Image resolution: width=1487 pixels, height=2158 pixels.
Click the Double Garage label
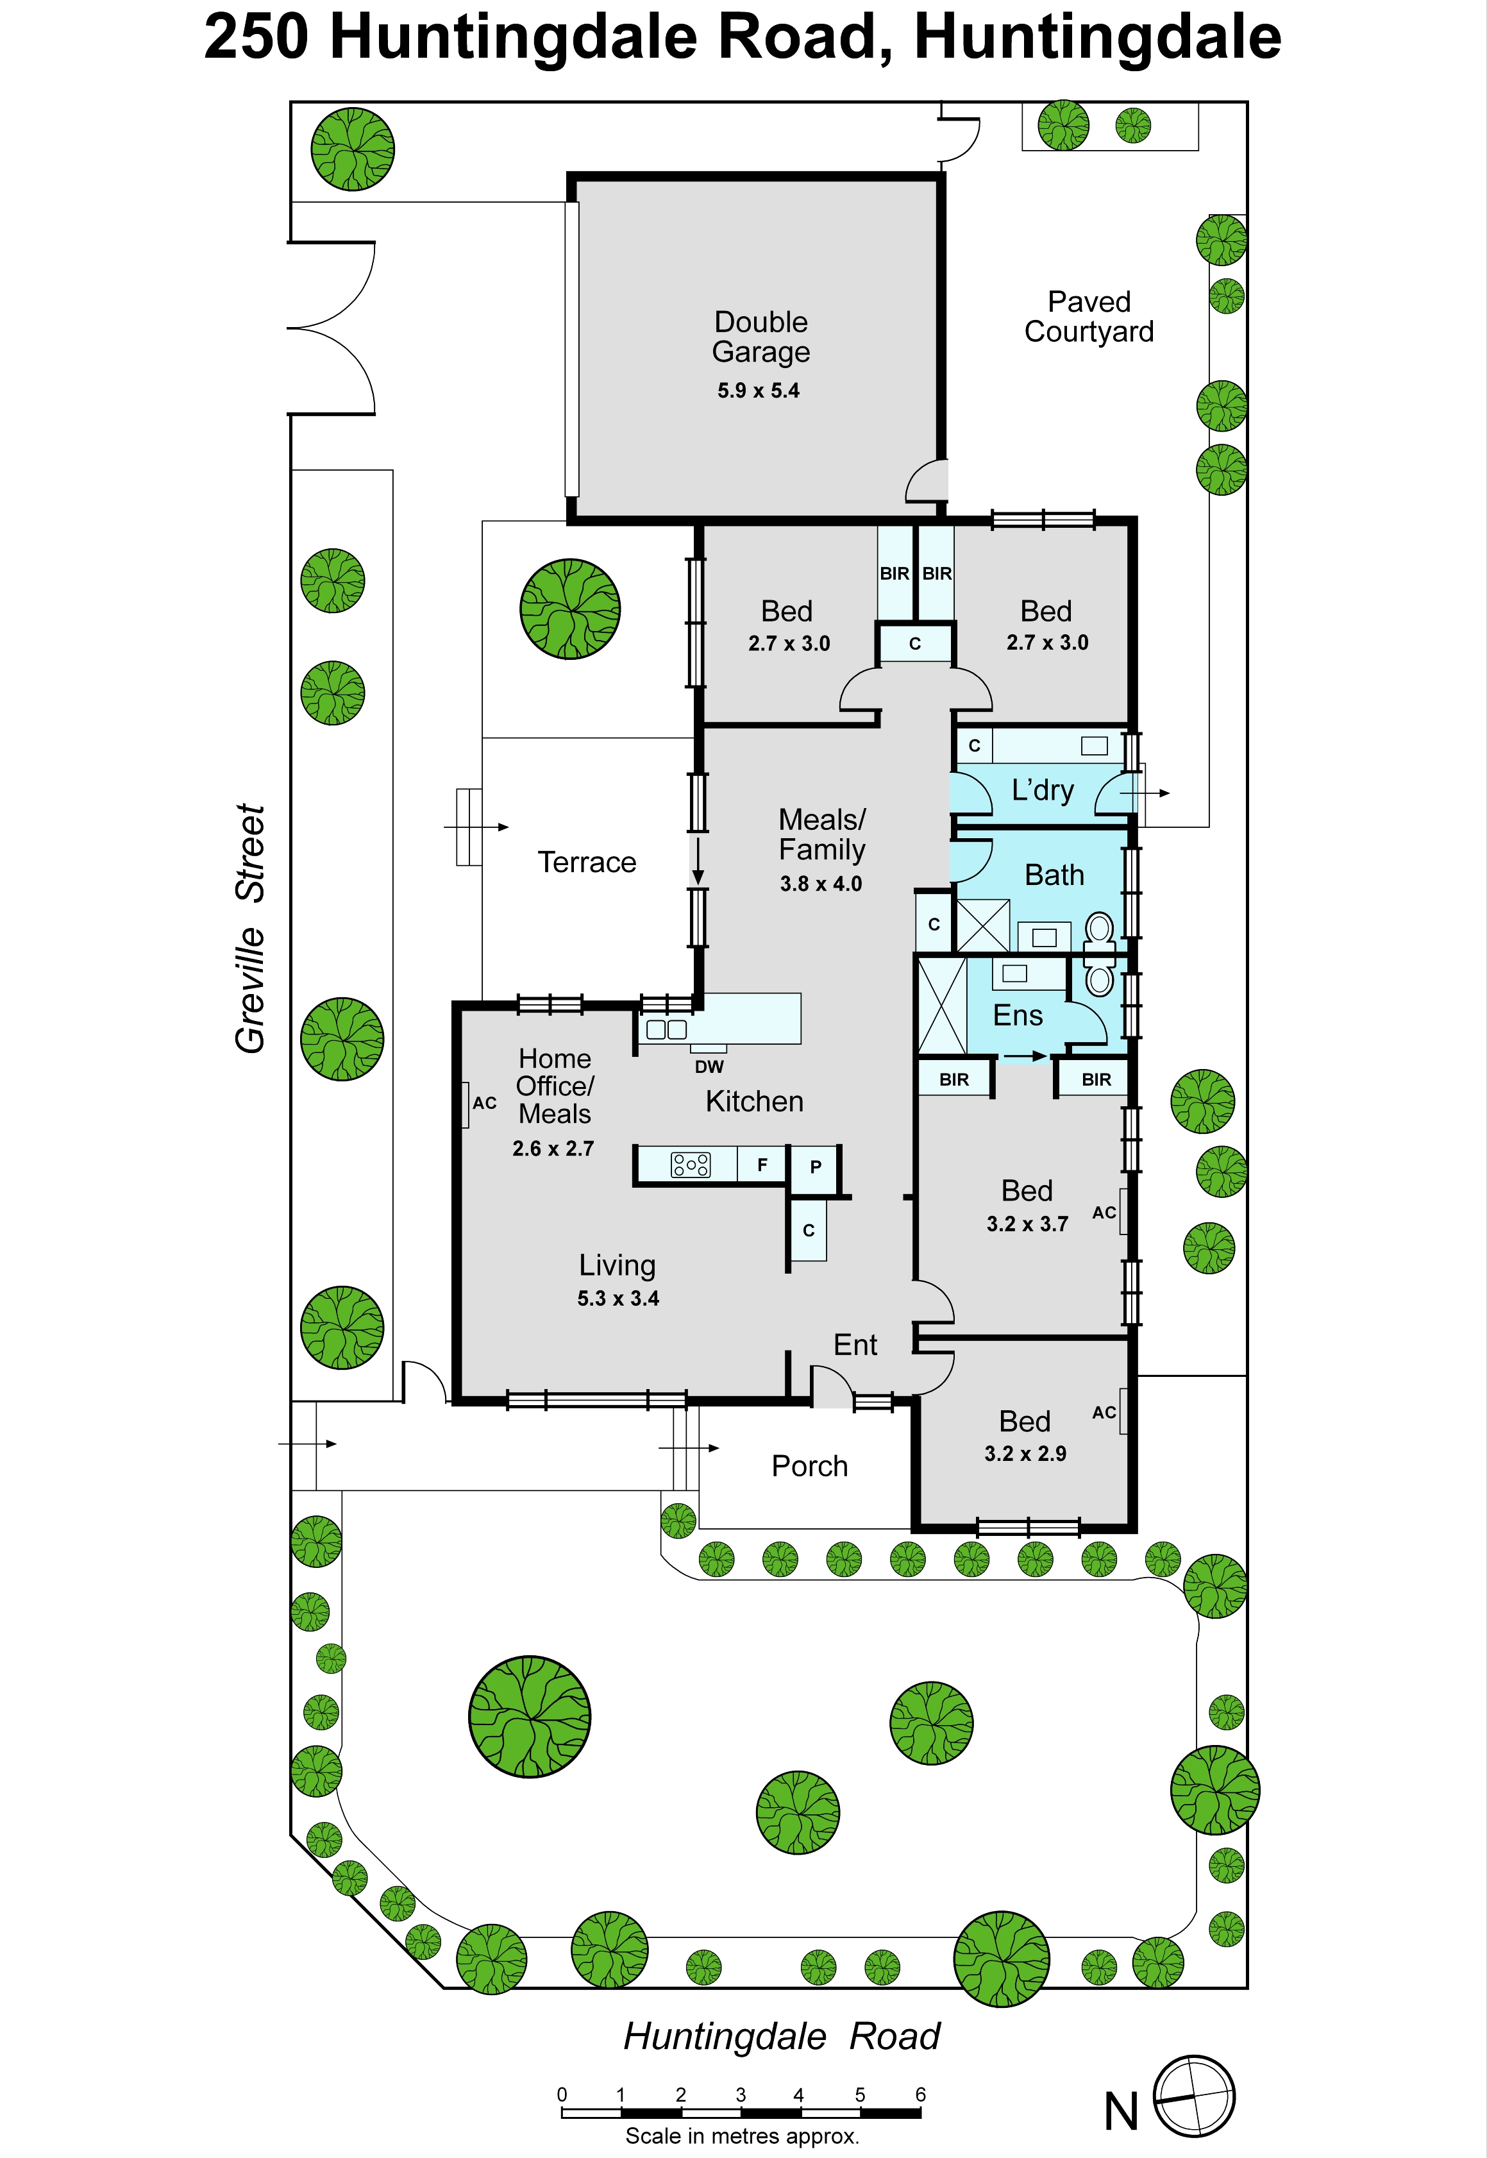761,337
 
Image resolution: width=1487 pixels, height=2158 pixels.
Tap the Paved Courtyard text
1089,317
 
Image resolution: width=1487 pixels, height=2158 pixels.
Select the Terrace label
587,862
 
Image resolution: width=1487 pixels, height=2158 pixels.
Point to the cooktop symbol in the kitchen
691,1165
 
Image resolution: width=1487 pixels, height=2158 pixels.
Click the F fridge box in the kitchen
762,1165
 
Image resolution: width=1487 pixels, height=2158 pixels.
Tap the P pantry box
815,1167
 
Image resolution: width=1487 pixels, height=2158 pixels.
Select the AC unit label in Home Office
485,1103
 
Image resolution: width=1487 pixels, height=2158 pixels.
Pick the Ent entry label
855,1345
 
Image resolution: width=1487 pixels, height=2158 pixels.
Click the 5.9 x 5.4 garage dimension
759,391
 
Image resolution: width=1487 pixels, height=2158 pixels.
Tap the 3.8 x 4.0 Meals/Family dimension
821,883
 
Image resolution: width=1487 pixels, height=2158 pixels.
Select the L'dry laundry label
1043,790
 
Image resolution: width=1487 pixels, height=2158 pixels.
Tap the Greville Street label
251,929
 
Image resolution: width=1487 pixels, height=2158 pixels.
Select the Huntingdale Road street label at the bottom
782,2036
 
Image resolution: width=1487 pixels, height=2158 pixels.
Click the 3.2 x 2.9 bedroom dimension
1025,1454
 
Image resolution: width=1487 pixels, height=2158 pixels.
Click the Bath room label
1055,875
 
